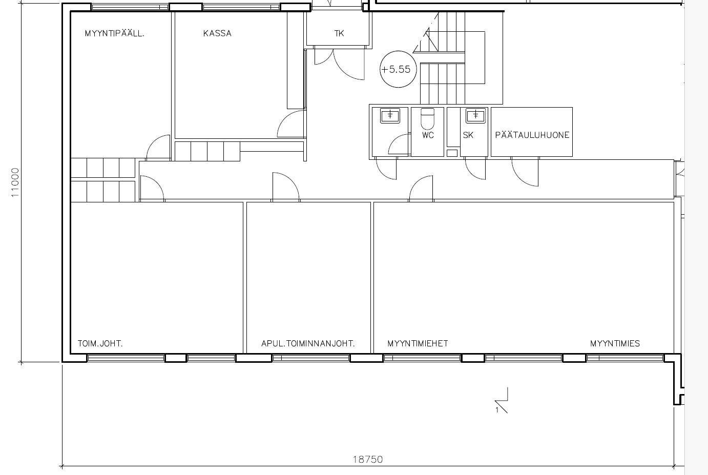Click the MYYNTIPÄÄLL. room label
pos(114,33)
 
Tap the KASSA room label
pos(217,33)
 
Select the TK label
pos(339,33)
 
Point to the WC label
pos(428,135)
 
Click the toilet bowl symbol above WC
pos(428,118)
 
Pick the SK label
pos(468,135)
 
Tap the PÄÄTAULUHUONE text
pos(532,135)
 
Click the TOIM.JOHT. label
pos(100,343)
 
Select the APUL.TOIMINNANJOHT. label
pos(308,343)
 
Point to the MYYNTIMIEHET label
pos(418,343)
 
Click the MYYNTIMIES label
pos(615,343)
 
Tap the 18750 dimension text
pos(368,459)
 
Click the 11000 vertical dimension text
pos(15,182)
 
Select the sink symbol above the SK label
pos(476,115)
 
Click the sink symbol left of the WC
pos(390,115)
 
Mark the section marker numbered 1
pos(502,401)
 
